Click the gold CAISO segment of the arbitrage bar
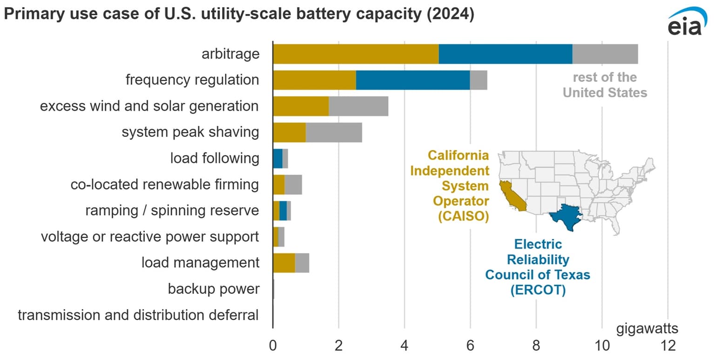356,54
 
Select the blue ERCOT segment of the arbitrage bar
505,54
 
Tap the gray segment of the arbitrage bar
605,54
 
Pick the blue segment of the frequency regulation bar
412,80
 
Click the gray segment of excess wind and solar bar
358,106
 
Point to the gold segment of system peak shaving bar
289,132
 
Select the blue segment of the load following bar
277,158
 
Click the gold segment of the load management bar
283,263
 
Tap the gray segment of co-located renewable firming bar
293,184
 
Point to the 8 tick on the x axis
536,346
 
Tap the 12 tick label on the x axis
668,346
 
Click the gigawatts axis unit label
647,329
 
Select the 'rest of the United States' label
605,85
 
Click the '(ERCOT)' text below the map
538,290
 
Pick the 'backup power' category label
213,289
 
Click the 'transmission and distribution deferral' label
138,315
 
